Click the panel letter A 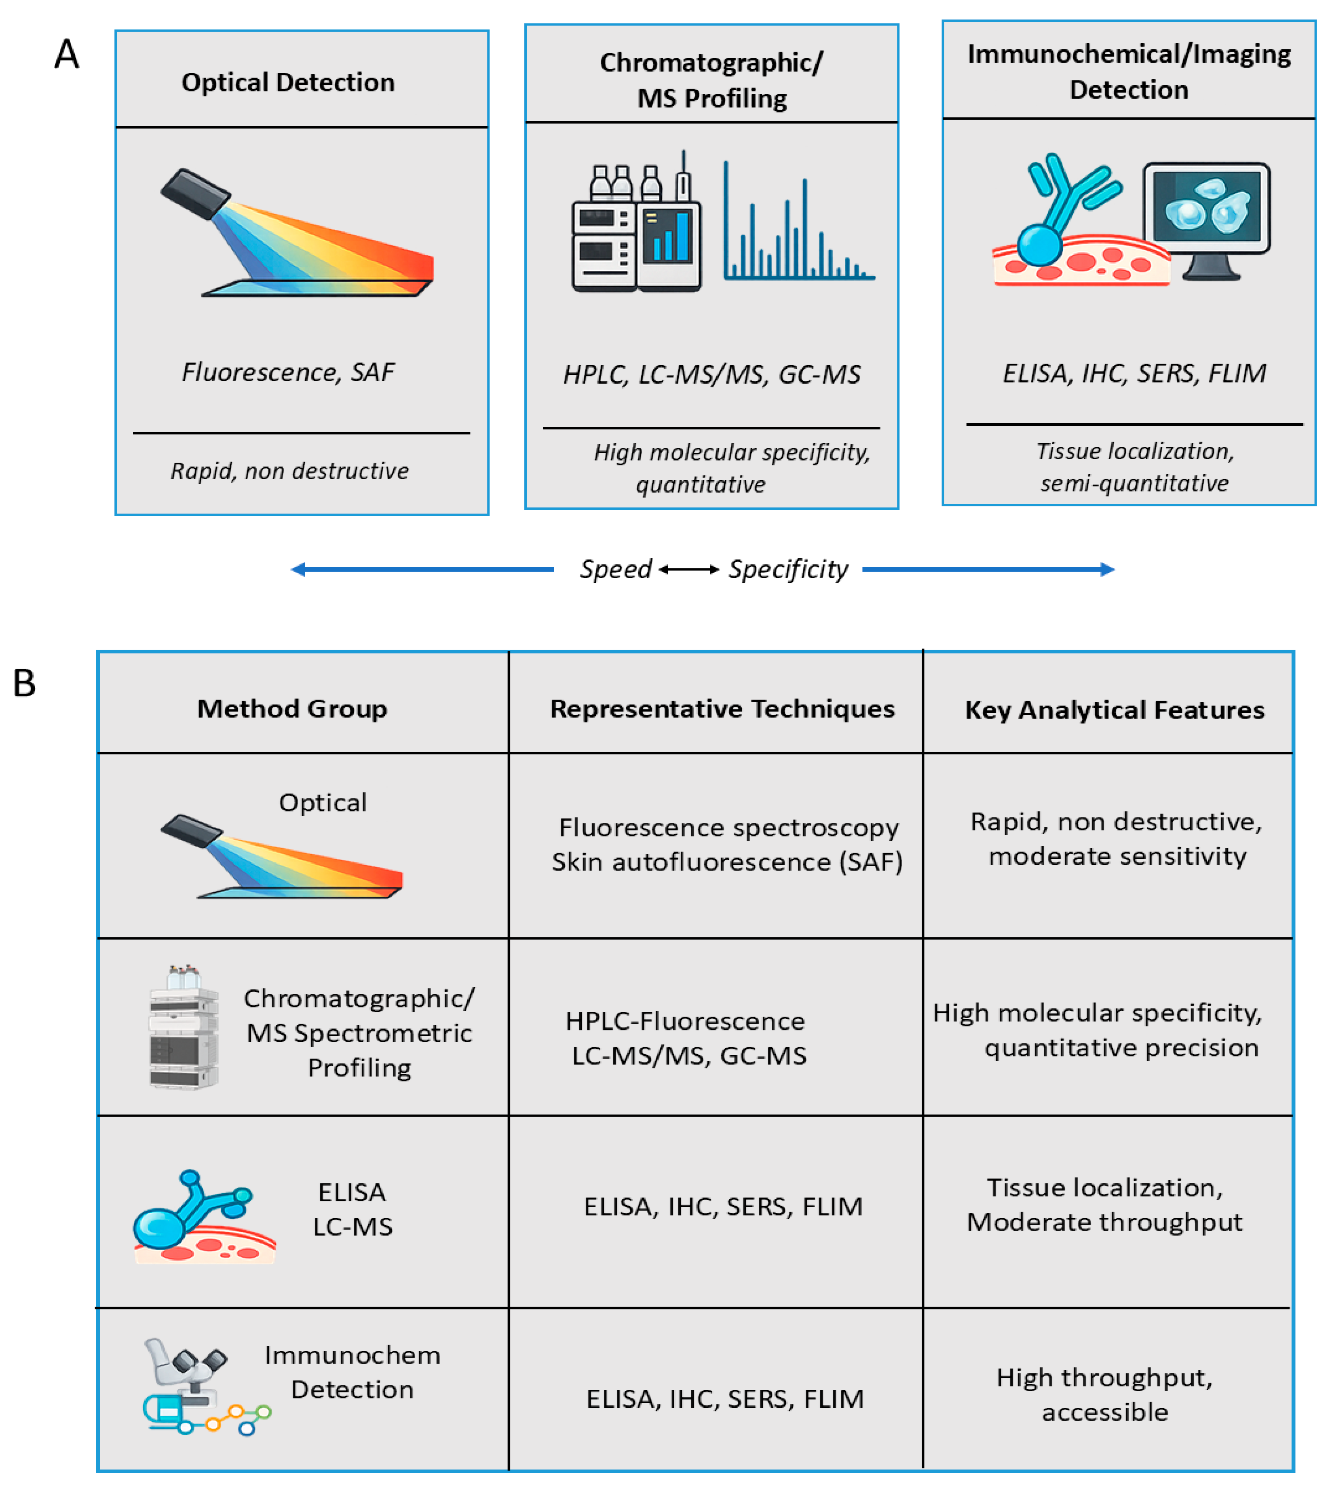[x=67, y=54]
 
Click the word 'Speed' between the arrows [x=615, y=569]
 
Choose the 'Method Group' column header [x=292, y=709]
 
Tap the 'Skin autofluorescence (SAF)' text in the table [x=727, y=862]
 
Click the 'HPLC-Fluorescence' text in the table [x=685, y=1021]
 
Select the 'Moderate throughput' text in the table [x=1104, y=1222]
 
